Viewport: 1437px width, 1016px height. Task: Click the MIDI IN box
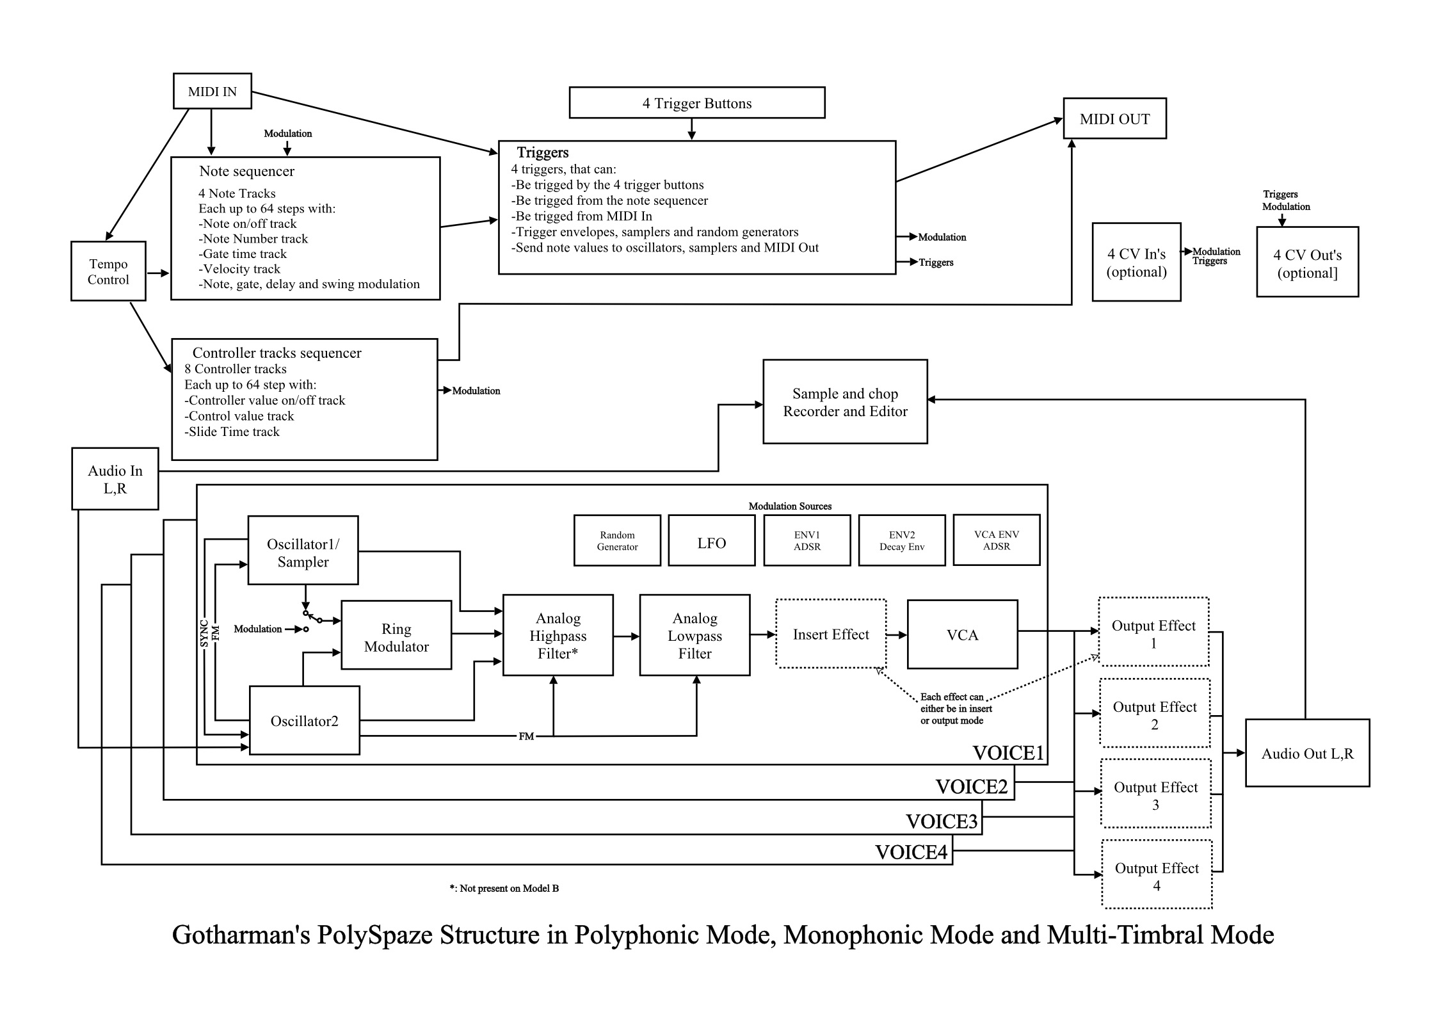[x=213, y=91]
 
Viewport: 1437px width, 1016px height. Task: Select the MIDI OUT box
[x=1114, y=118]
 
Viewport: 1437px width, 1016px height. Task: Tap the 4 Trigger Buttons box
[x=697, y=103]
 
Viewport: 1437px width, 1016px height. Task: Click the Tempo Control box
[x=108, y=271]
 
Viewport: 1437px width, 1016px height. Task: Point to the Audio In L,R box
[x=115, y=479]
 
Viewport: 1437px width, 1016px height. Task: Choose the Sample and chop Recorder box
[x=845, y=401]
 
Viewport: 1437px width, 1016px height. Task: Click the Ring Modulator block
[x=396, y=635]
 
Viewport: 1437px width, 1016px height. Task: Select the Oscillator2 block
[x=305, y=720]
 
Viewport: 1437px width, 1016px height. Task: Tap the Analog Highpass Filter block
[x=558, y=635]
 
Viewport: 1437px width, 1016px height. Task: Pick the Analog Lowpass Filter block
[x=695, y=635]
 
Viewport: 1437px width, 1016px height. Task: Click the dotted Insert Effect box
[x=831, y=634]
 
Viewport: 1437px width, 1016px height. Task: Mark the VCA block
[x=963, y=634]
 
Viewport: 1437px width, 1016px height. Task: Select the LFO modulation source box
[x=712, y=541]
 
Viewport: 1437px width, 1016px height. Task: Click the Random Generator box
[x=617, y=541]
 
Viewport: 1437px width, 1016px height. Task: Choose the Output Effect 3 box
[x=1156, y=794]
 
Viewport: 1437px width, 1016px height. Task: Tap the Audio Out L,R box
[x=1308, y=753]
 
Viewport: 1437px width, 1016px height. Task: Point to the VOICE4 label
[x=911, y=852]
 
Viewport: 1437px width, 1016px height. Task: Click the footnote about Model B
[x=504, y=888]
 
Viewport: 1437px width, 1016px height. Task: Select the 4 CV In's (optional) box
[x=1137, y=262]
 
